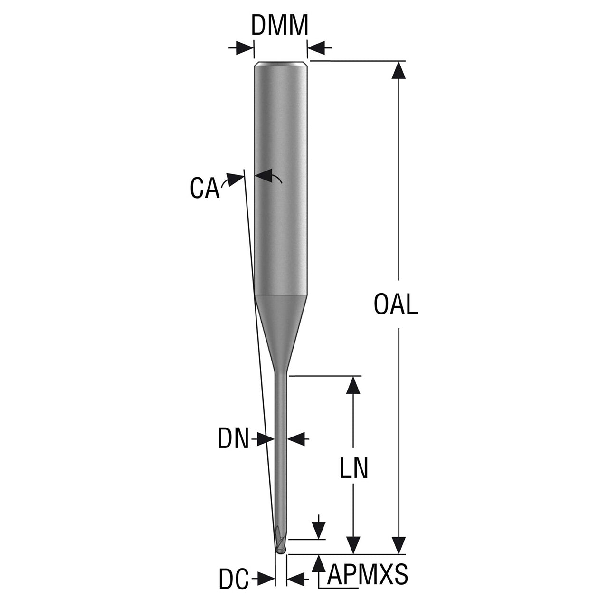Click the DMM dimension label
[x=280, y=25]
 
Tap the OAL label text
[x=396, y=304]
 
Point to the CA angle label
[x=204, y=188]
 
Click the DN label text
[x=233, y=438]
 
